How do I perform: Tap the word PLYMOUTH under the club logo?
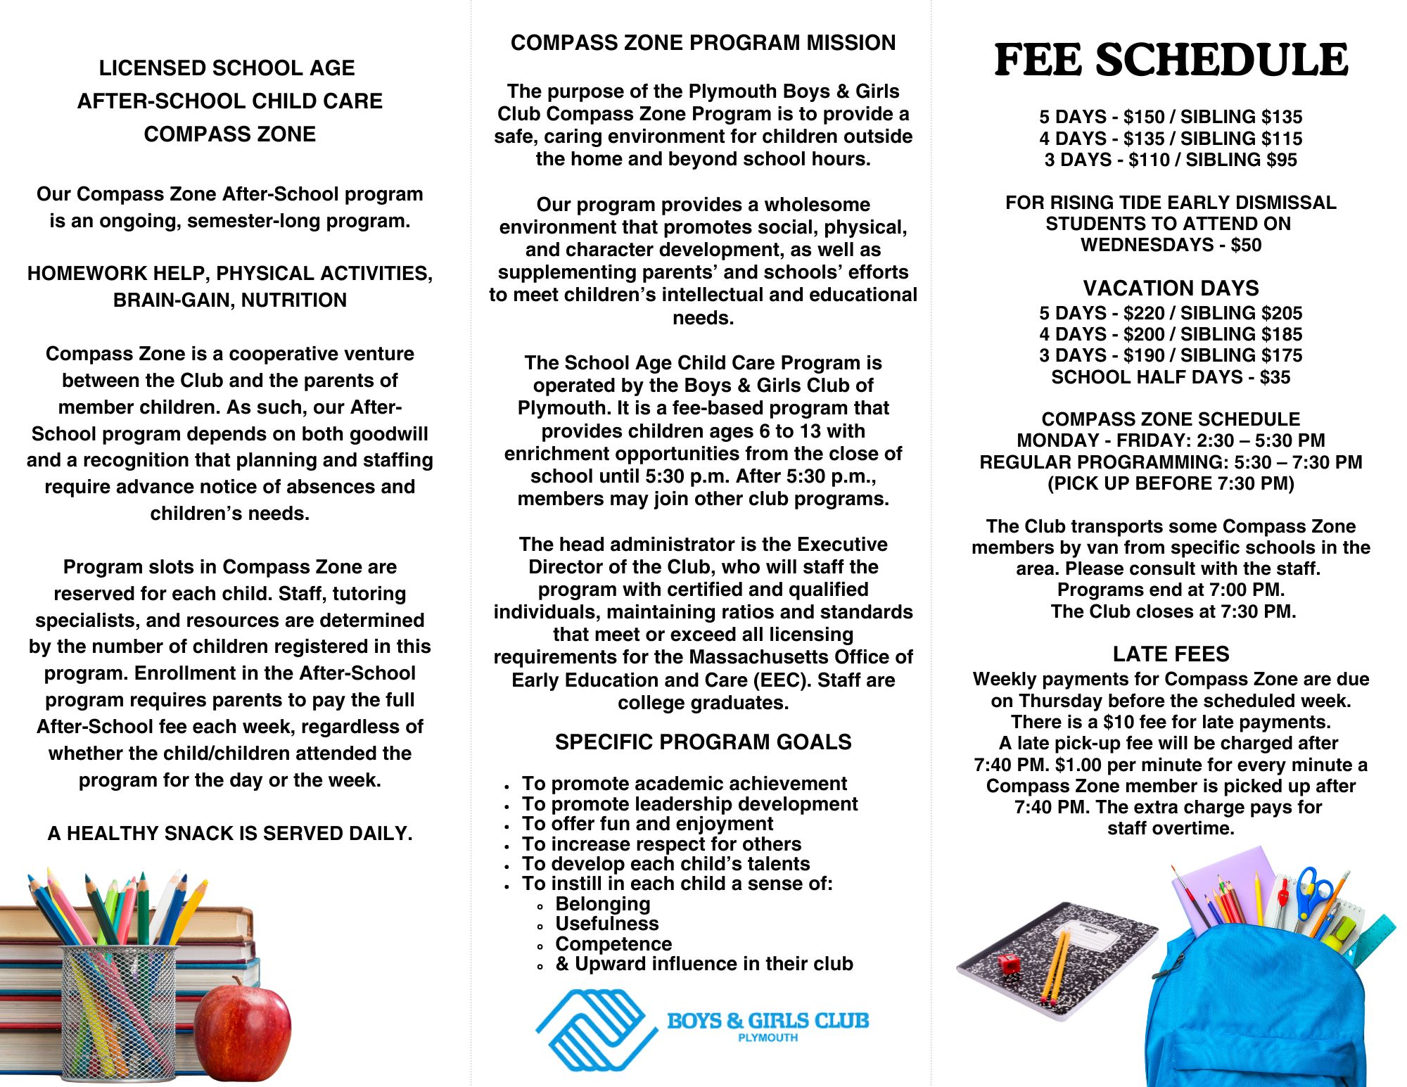(x=768, y=1038)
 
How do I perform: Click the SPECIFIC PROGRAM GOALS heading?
(x=703, y=742)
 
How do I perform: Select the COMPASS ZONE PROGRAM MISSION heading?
(x=703, y=43)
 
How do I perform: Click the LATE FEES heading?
(x=1171, y=654)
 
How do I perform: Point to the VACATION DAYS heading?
(x=1171, y=288)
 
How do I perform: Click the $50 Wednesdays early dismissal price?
(x=1246, y=246)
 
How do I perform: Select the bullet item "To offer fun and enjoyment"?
(x=647, y=824)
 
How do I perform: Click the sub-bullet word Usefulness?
(x=607, y=924)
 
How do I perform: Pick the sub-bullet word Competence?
(x=613, y=944)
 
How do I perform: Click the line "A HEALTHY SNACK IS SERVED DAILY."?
(x=230, y=834)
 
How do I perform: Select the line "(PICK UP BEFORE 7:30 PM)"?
(x=1171, y=484)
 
